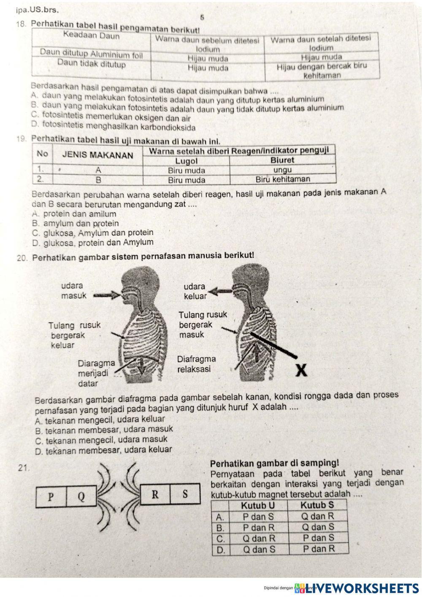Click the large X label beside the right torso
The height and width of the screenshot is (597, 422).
coord(300,370)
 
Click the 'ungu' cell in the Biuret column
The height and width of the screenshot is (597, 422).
coord(282,170)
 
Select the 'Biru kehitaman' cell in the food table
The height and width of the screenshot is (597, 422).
coord(282,179)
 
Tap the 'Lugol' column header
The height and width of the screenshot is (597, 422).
coord(186,161)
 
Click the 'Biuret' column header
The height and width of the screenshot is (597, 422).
coord(282,161)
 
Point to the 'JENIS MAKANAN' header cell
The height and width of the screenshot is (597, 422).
coord(97,155)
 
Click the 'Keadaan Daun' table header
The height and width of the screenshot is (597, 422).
coord(91,35)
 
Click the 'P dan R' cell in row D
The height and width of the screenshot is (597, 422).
coord(319,549)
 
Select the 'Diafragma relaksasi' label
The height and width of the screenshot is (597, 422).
coord(196,364)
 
